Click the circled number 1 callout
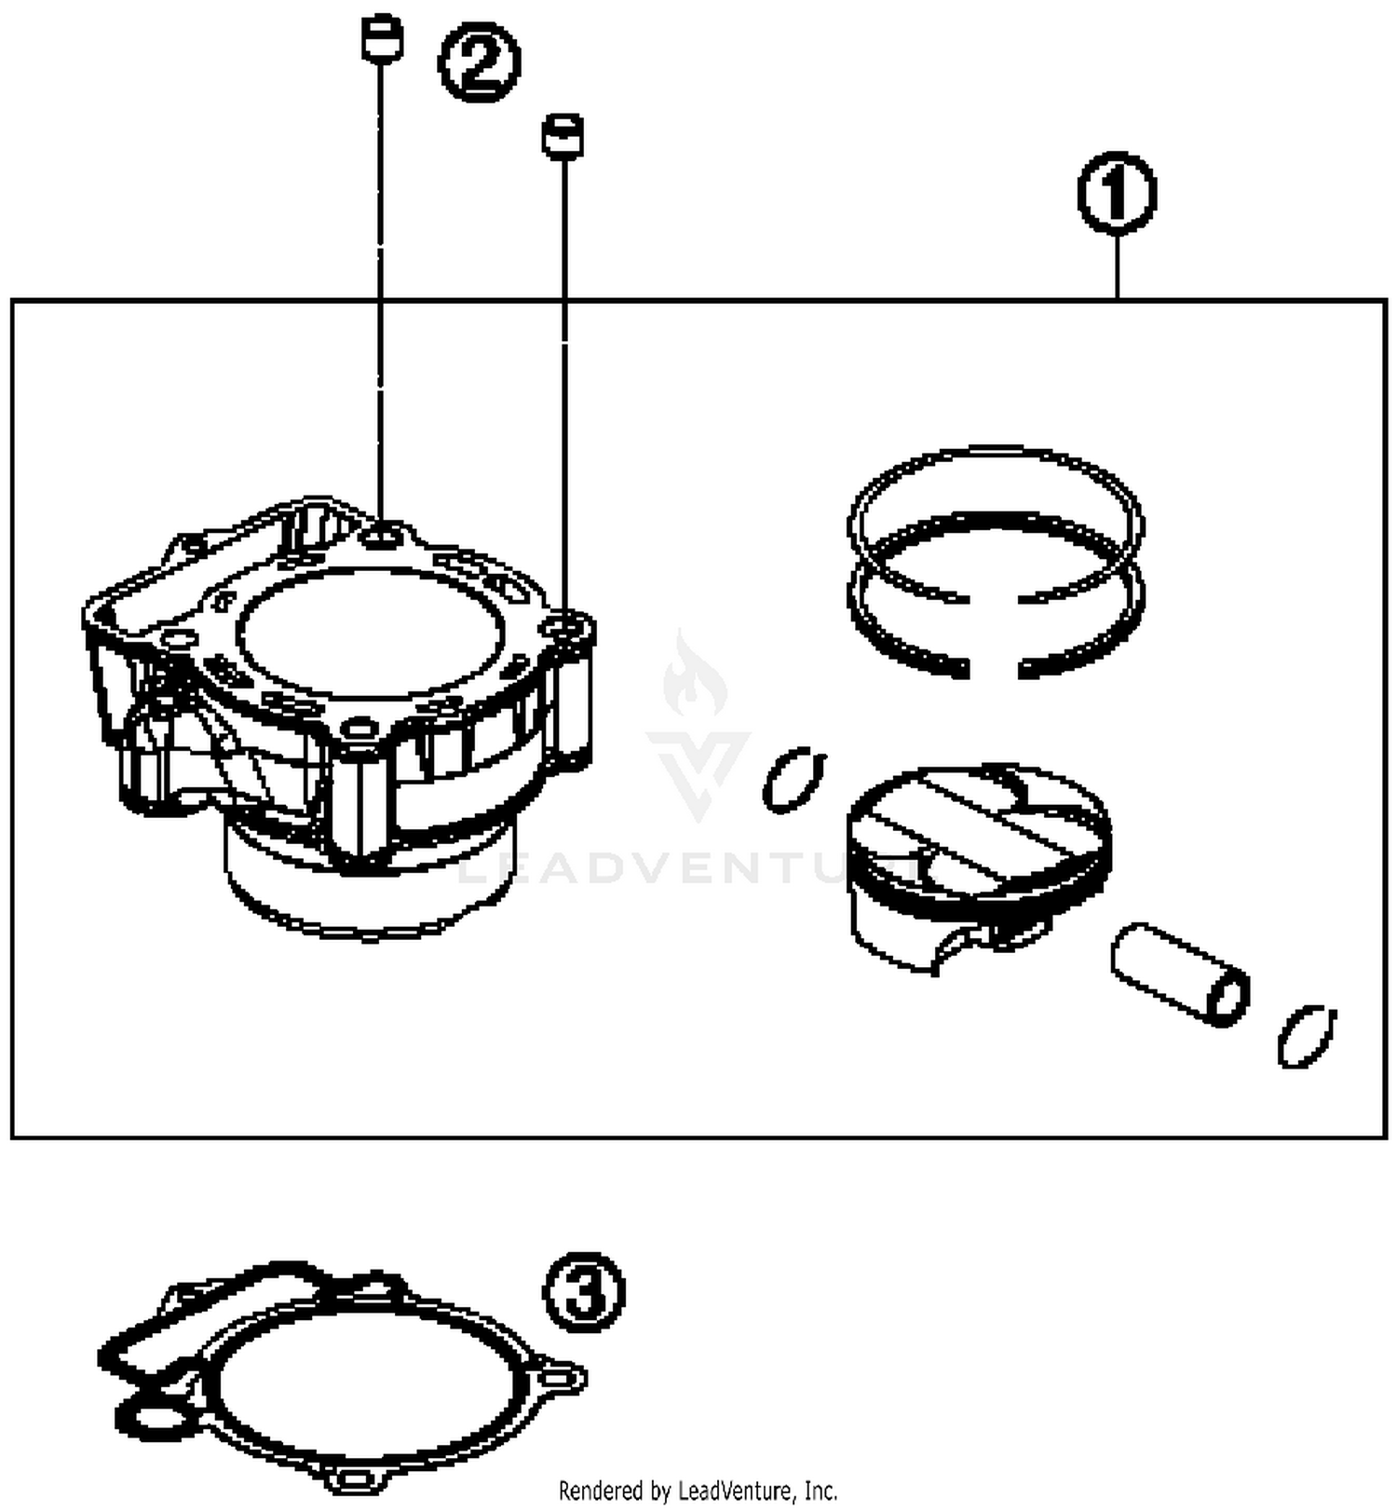click(x=1117, y=193)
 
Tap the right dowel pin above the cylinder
click(x=563, y=136)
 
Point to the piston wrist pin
click(x=1178, y=973)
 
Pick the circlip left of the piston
click(x=793, y=779)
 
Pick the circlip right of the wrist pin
click(x=1306, y=1035)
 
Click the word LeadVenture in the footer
click(x=727, y=1492)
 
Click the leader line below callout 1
click(x=1117, y=266)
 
